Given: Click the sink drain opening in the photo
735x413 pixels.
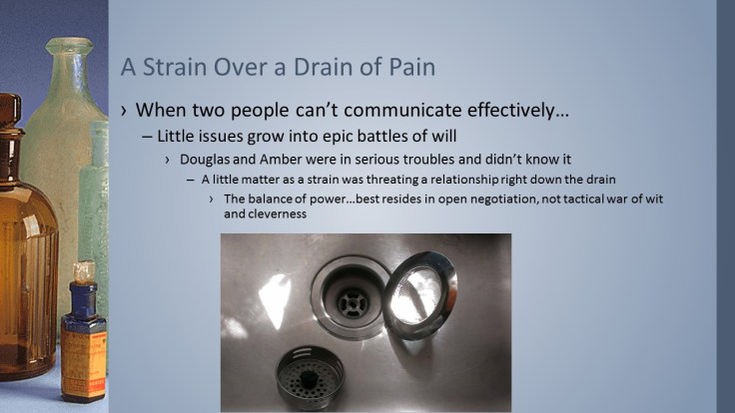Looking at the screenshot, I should tap(350, 296).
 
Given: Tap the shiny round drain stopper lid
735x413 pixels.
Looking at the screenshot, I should tap(419, 294).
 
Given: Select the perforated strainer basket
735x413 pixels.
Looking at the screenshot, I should tap(310, 377).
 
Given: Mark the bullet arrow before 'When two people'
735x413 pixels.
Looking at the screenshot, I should tap(124, 109).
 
